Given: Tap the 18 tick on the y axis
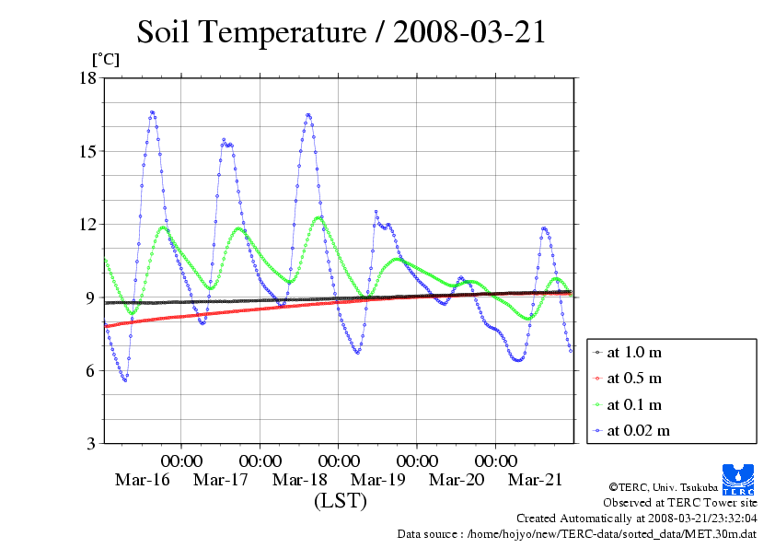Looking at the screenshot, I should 87,77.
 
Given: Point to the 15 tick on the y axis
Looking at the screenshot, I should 87,151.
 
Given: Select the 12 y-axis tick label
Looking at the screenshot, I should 87,224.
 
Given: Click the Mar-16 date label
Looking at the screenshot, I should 143,480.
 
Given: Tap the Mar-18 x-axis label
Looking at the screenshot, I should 300,480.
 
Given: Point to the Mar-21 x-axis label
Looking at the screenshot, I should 536,480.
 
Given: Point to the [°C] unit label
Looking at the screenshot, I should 105,59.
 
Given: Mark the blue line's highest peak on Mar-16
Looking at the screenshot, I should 152,112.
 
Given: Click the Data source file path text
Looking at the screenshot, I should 611,533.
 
